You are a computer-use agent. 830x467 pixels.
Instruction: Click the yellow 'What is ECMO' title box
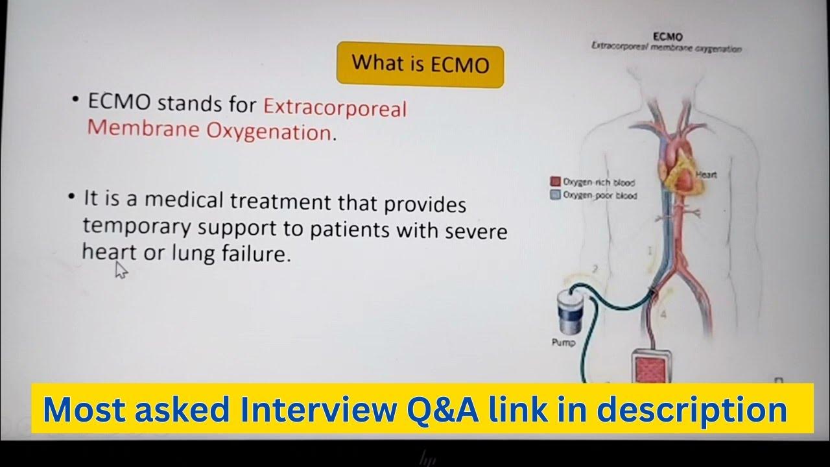[420, 64]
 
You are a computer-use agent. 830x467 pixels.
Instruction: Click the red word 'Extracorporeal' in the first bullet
[335, 106]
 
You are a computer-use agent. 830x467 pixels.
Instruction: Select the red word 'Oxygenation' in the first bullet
[268, 131]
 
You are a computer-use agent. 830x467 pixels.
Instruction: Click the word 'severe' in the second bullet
[477, 231]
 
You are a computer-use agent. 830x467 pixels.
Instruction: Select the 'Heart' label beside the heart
[706, 174]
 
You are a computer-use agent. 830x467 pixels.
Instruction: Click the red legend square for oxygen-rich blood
[555, 182]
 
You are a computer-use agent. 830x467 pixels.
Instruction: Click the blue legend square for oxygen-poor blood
[555, 195]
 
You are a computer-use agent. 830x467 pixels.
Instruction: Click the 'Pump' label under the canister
[563, 342]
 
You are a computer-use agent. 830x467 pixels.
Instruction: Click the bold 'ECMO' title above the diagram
[669, 37]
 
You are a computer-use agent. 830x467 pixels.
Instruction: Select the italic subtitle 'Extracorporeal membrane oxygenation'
[666, 48]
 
